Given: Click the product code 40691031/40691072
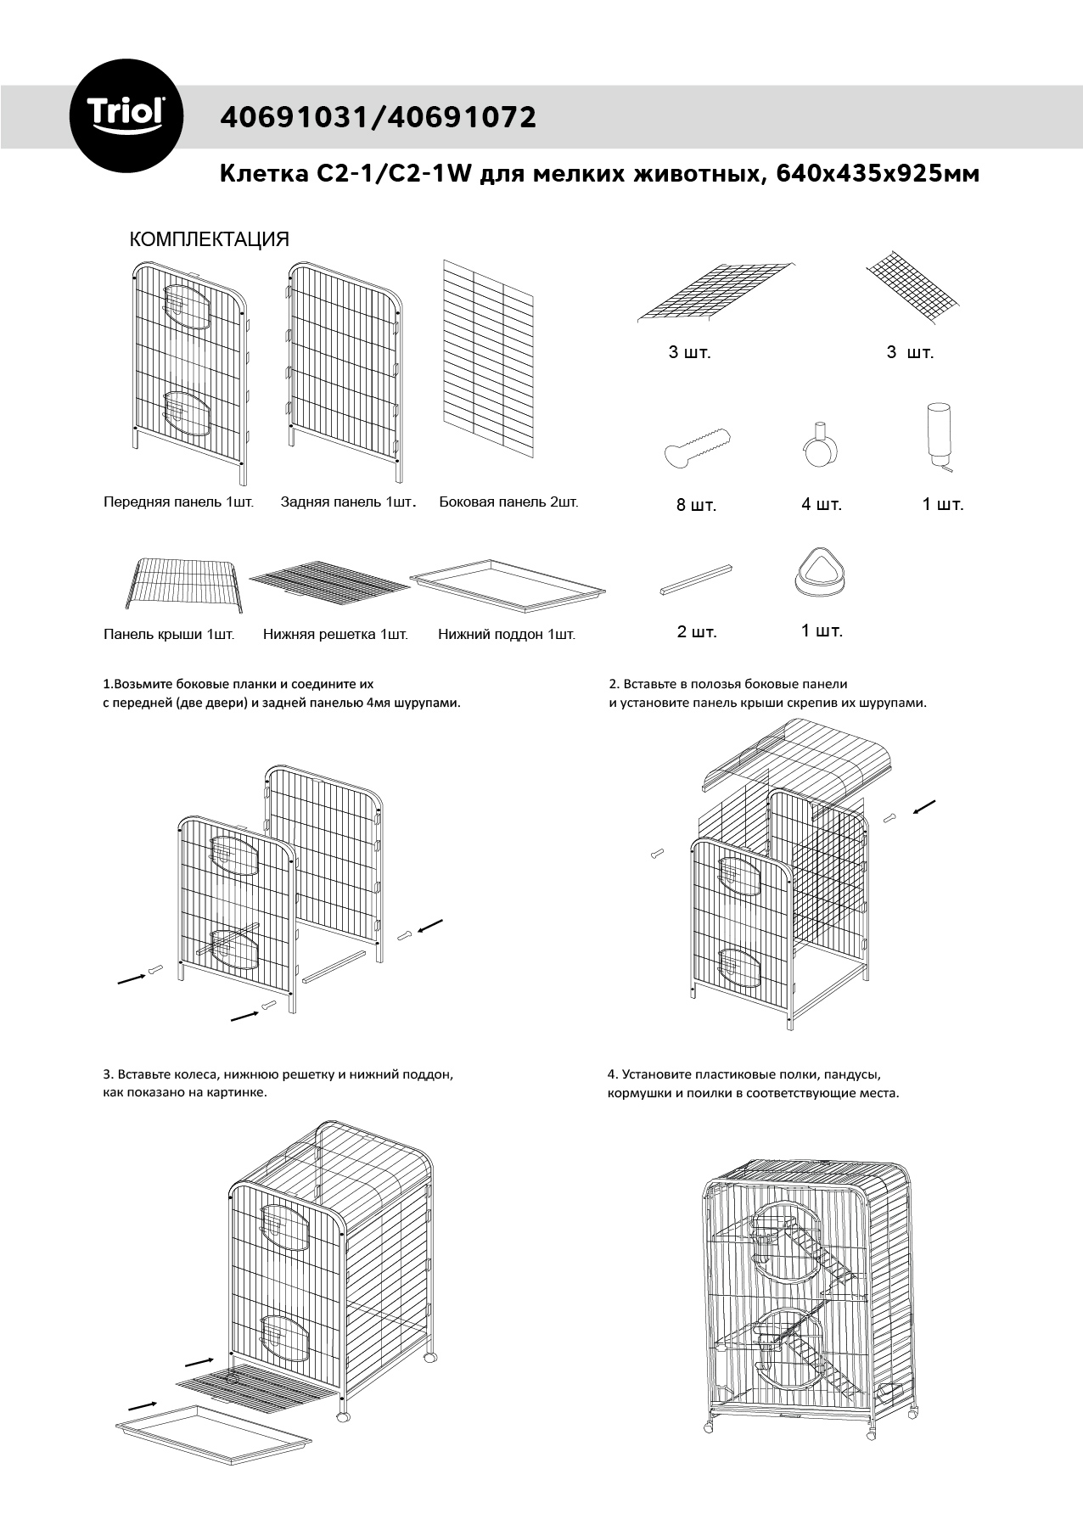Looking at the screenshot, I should (378, 117).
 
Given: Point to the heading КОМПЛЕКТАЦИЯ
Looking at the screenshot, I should (210, 239).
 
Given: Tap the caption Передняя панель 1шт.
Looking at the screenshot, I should (178, 502).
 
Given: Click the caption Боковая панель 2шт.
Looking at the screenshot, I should (508, 502).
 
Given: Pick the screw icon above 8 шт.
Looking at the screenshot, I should (695, 447).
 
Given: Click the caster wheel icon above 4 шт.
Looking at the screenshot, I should (818, 444).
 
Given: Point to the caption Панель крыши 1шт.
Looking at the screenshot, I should (169, 634).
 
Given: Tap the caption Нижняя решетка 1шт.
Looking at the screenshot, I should (335, 634).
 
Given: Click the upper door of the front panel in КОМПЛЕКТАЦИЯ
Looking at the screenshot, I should (188, 308).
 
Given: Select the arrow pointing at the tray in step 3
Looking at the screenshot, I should (143, 1404).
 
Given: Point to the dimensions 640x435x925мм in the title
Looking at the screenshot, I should (878, 174).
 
